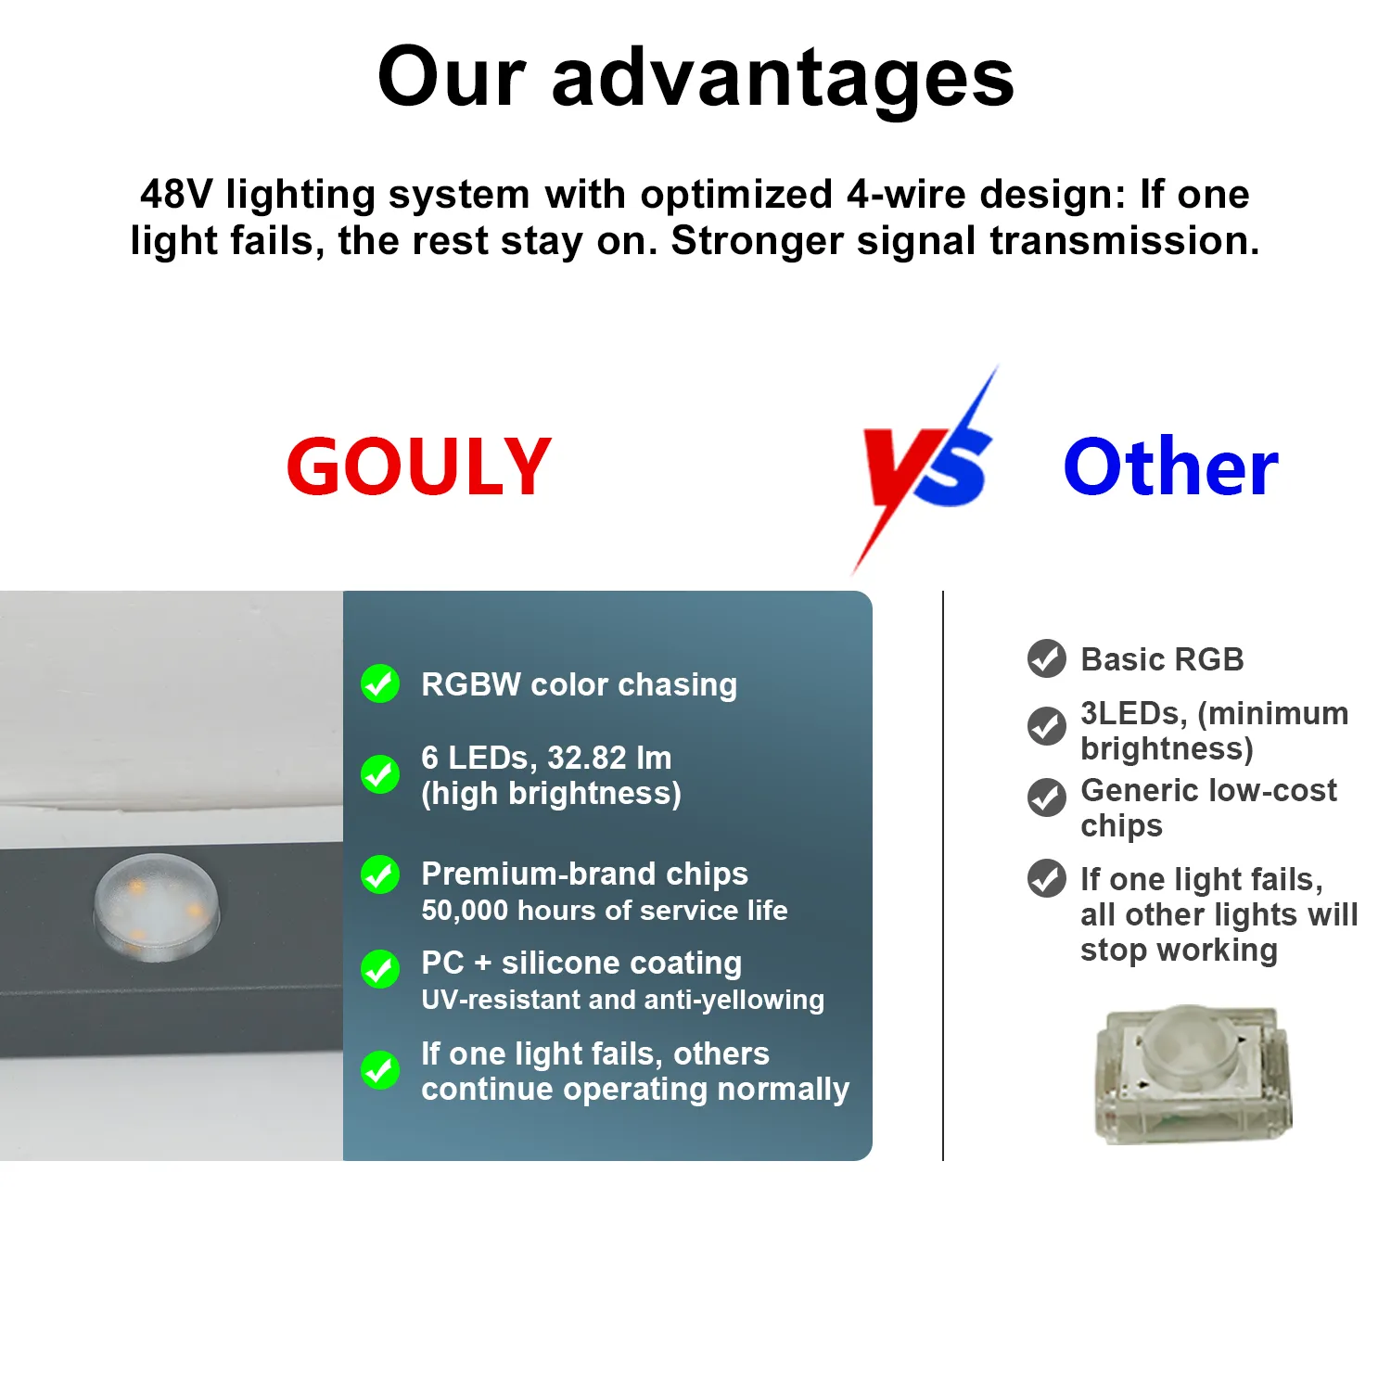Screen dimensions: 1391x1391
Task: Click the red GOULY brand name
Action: click(418, 466)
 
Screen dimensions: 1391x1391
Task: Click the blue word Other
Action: click(1170, 466)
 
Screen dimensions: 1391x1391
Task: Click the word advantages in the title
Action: click(784, 78)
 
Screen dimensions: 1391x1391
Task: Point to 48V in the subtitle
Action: click(176, 195)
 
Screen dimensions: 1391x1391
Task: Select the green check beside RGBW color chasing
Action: click(380, 684)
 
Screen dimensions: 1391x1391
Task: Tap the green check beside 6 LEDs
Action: click(380, 774)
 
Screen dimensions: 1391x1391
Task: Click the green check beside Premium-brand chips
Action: click(380, 874)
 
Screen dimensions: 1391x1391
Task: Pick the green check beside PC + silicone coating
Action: click(380, 970)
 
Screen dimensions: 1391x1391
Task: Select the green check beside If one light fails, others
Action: click(380, 1070)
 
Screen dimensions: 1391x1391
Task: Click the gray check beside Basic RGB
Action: click(1047, 658)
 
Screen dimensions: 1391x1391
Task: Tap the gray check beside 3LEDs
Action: click(1047, 726)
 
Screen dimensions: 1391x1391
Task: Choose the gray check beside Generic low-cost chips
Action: click(1047, 798)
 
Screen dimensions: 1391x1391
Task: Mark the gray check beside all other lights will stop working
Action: click(1047, 878)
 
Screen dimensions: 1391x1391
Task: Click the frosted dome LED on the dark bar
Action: click(157, 906)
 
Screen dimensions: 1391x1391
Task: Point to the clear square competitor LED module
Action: click(1194, 1074)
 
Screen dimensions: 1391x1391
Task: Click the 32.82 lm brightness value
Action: click(609, 758)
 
